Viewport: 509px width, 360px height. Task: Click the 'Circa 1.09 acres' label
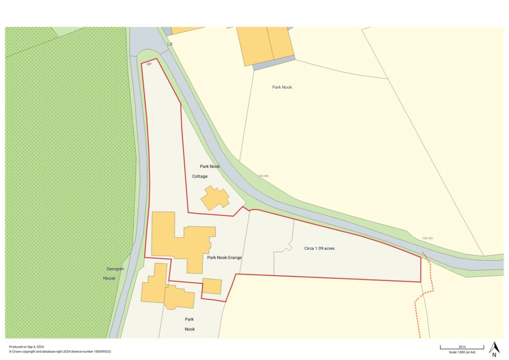click(x=319, y=248)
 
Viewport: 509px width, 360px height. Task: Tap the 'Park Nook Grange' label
click(x=224, y=258)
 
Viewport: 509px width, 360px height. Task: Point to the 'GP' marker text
click(x=149, y=64)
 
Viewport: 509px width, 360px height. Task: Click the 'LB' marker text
click(x=170, y=44)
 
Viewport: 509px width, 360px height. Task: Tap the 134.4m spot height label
click(x=263, y=176)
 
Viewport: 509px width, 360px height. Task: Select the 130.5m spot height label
click(x=427, y=239)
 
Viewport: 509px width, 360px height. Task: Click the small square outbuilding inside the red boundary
click(x=212, y=286)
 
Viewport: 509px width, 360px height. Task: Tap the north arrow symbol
click(x=494, y=349)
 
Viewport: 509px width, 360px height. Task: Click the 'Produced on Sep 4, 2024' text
click(x=27, y=347)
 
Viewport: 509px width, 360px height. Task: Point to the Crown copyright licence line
click(x=60, y=352)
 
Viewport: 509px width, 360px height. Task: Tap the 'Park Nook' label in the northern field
click(x=282, y=87)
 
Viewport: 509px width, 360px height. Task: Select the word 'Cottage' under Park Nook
click(x=200, y=176)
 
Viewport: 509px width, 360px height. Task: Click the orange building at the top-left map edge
click(x=186, y=30)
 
